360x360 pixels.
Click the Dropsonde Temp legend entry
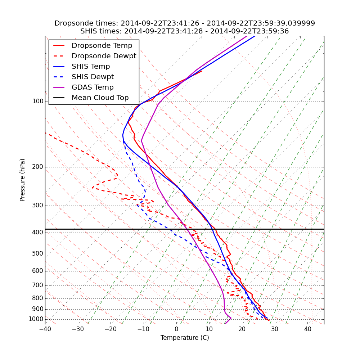(x=102, y=46)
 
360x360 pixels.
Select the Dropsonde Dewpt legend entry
(x=104, y=56)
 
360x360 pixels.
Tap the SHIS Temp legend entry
(x=91, y=67)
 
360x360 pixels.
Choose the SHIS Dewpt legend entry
(x=93, y=77)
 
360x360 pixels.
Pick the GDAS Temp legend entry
(x=93, y=87)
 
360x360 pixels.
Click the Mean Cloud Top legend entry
(x=100, y=98)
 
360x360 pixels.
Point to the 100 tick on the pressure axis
(x=38, y=102)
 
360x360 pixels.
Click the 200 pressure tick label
(x=38, y=167)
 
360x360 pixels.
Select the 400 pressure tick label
(x=38, y=233)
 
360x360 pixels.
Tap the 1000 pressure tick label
(x=36, y=319)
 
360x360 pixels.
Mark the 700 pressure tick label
(x=38, y=285)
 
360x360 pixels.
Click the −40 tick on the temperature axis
(x=45, y=329)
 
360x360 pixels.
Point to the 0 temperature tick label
(x=176, y=329)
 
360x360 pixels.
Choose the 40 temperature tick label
(x=307, y=329)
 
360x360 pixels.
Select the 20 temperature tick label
(x=242, y=329)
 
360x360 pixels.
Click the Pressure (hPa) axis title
(x=23, y=180)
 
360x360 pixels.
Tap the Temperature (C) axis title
(x=185, y=338)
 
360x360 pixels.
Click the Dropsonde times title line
(x=185, y=23)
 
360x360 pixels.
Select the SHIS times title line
(x=185, y=31)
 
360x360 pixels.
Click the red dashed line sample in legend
(x=59, y=56)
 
